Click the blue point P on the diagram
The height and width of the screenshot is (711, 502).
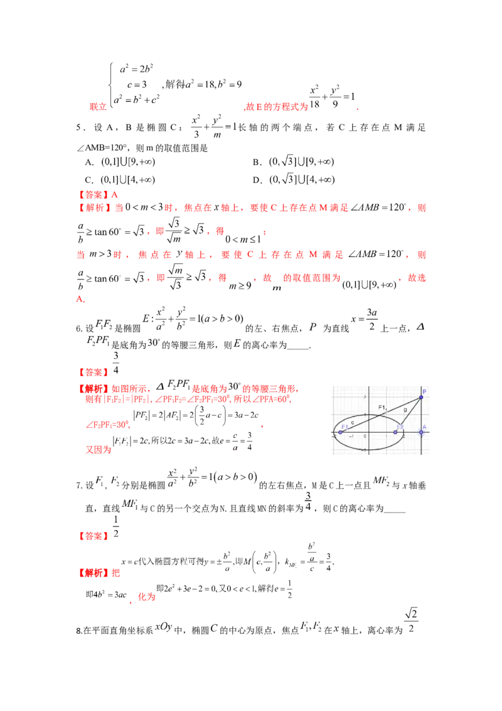pos(421,398)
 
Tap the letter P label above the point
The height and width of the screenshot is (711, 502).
pos(424,391)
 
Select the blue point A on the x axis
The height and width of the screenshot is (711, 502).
pos(421,432)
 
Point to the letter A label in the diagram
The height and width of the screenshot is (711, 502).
pos(424,426)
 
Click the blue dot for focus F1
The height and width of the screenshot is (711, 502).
pos(341,432)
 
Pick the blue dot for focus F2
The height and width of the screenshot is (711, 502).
pos(395,432)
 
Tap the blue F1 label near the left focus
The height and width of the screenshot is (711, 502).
pos(345,427)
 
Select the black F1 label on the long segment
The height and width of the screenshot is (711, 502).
pos(382,408)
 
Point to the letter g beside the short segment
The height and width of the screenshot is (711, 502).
pos(405,410)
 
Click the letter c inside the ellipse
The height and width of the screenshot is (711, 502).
pos(352,422)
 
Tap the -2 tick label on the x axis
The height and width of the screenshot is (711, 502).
pos(333,437)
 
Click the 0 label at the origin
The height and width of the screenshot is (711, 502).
pos(365,437)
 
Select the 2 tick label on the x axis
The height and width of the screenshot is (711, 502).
pos(403,437)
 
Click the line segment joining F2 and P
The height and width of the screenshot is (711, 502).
pos(409,415)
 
